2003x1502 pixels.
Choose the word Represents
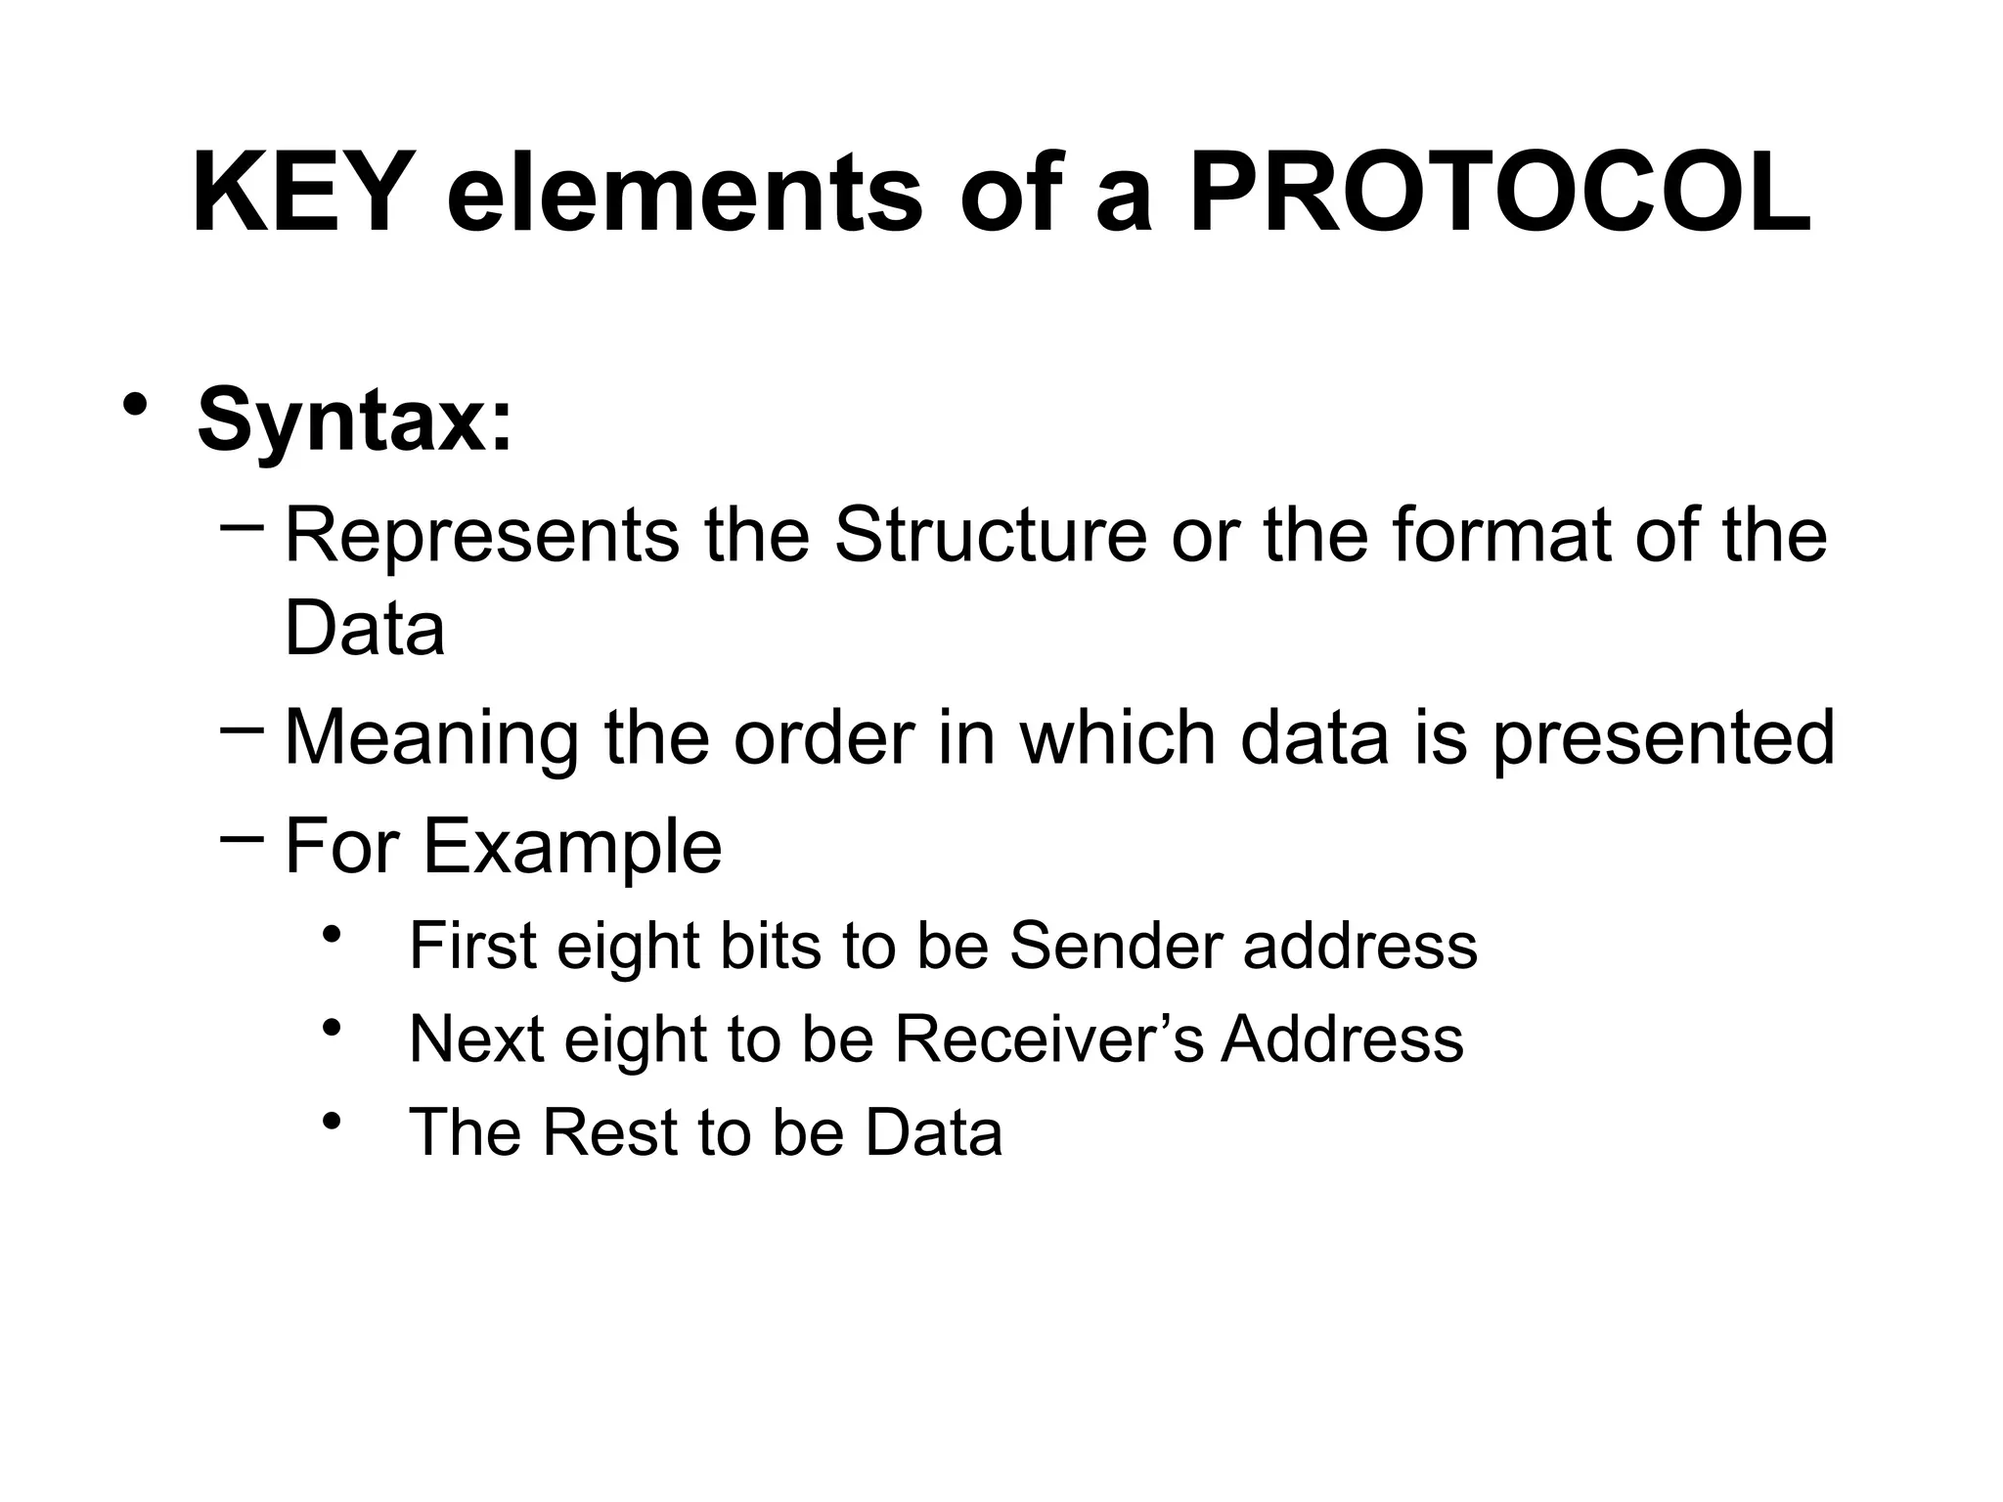tap(481, 536)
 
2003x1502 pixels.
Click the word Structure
tap(990, 536)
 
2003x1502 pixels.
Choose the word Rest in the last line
tap(608, 1132)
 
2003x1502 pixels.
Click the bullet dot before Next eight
tap(332, 1027)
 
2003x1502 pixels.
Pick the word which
tap(1117, 737)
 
